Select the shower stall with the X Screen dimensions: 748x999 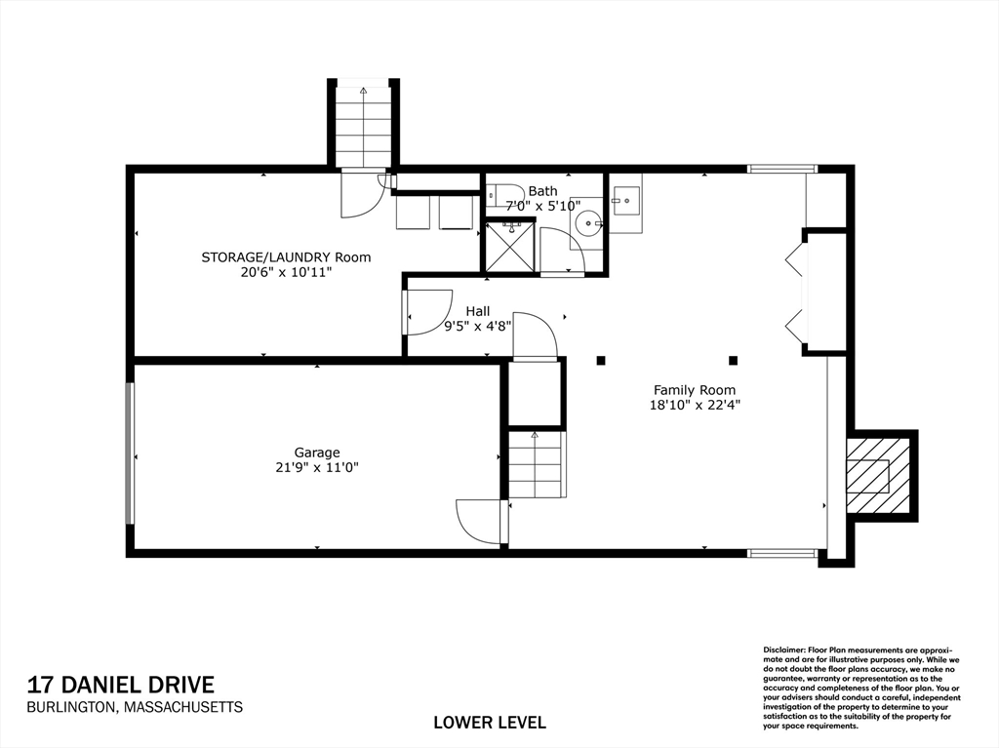pyautogui.click(x=510, y=246)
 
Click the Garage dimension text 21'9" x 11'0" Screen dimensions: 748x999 pyautogui.click(x=317, y=467)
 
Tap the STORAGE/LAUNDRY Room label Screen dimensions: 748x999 pyautogui.click(x=286, y=257)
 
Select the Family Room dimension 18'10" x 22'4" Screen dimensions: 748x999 pyautogui.click(x=695, y=405)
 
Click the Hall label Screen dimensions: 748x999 pyautogui.click(x=477, y=311)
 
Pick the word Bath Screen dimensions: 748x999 pyautogui.click(x=542, y=191)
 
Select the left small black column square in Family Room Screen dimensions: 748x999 pyautogui.click(x=601, y=361)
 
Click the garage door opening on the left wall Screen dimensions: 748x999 pyautogui.click(x=130, y=453)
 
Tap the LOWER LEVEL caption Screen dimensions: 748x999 pyautogui.click(x=489, y=723)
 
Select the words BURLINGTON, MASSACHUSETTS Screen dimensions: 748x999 pyautogui.click(x=135, y=708)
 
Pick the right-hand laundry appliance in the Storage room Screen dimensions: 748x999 pyautogui.click(x=456, y=213)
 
